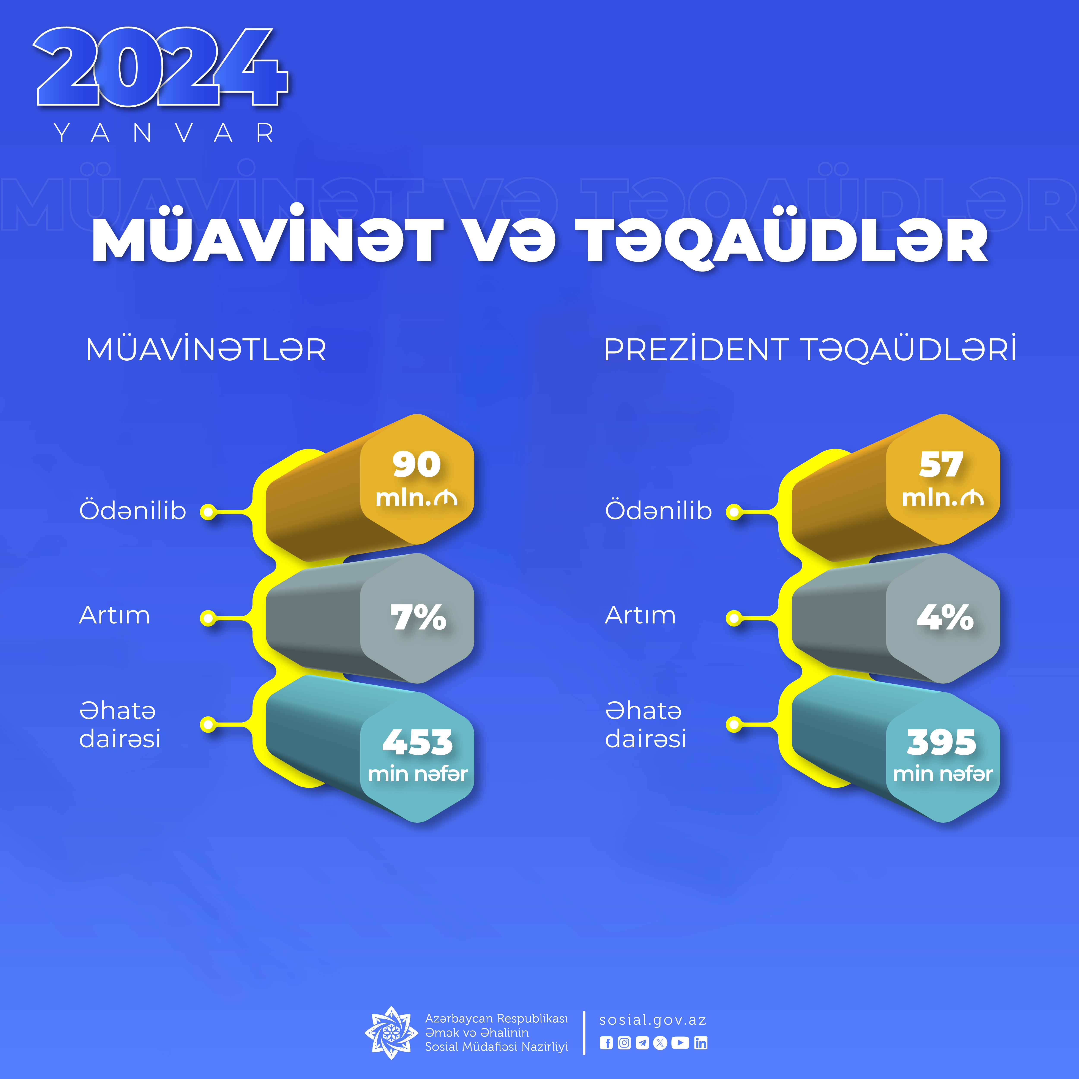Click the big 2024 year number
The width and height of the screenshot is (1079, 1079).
160,67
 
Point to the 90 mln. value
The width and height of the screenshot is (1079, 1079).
417,479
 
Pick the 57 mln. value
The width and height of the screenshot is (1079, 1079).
943,479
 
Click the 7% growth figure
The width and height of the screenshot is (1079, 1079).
418,618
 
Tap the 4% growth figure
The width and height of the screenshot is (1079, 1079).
945,618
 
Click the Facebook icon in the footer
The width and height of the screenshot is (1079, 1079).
606,1043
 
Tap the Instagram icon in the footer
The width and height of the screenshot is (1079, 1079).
624,1043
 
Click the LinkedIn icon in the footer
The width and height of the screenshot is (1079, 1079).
701,1043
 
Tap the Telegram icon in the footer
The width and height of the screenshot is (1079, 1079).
642,1043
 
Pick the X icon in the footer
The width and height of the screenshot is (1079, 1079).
660,1043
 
